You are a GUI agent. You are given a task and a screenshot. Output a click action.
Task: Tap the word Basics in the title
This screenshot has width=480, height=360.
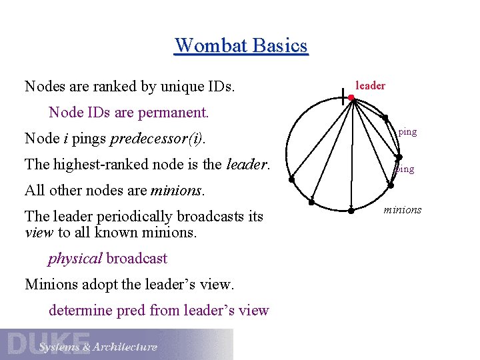click(280, 46)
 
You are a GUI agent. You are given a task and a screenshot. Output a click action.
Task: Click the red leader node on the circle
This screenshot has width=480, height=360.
click(351, 99)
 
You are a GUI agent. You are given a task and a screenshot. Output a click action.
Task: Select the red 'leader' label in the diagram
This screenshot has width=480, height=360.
click(370, 85)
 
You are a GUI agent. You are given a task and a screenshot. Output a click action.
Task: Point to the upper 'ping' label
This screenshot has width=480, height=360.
click(407, 132)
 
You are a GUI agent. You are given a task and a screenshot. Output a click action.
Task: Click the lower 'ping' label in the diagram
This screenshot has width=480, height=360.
click(405, 169)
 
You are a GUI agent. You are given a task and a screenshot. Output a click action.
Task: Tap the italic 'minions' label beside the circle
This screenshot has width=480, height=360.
click(403, 210)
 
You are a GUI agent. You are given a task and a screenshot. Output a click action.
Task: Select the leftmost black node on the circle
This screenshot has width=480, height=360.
click(291, 179)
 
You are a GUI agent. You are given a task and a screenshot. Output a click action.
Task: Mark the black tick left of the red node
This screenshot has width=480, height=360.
click(342, 99)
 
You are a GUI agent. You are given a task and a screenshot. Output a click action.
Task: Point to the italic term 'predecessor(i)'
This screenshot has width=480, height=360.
click(157, 139)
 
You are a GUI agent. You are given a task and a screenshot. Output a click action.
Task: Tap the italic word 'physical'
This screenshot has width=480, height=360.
click(75, 259)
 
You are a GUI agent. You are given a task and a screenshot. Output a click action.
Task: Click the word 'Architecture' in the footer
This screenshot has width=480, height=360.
click(125, 347)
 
